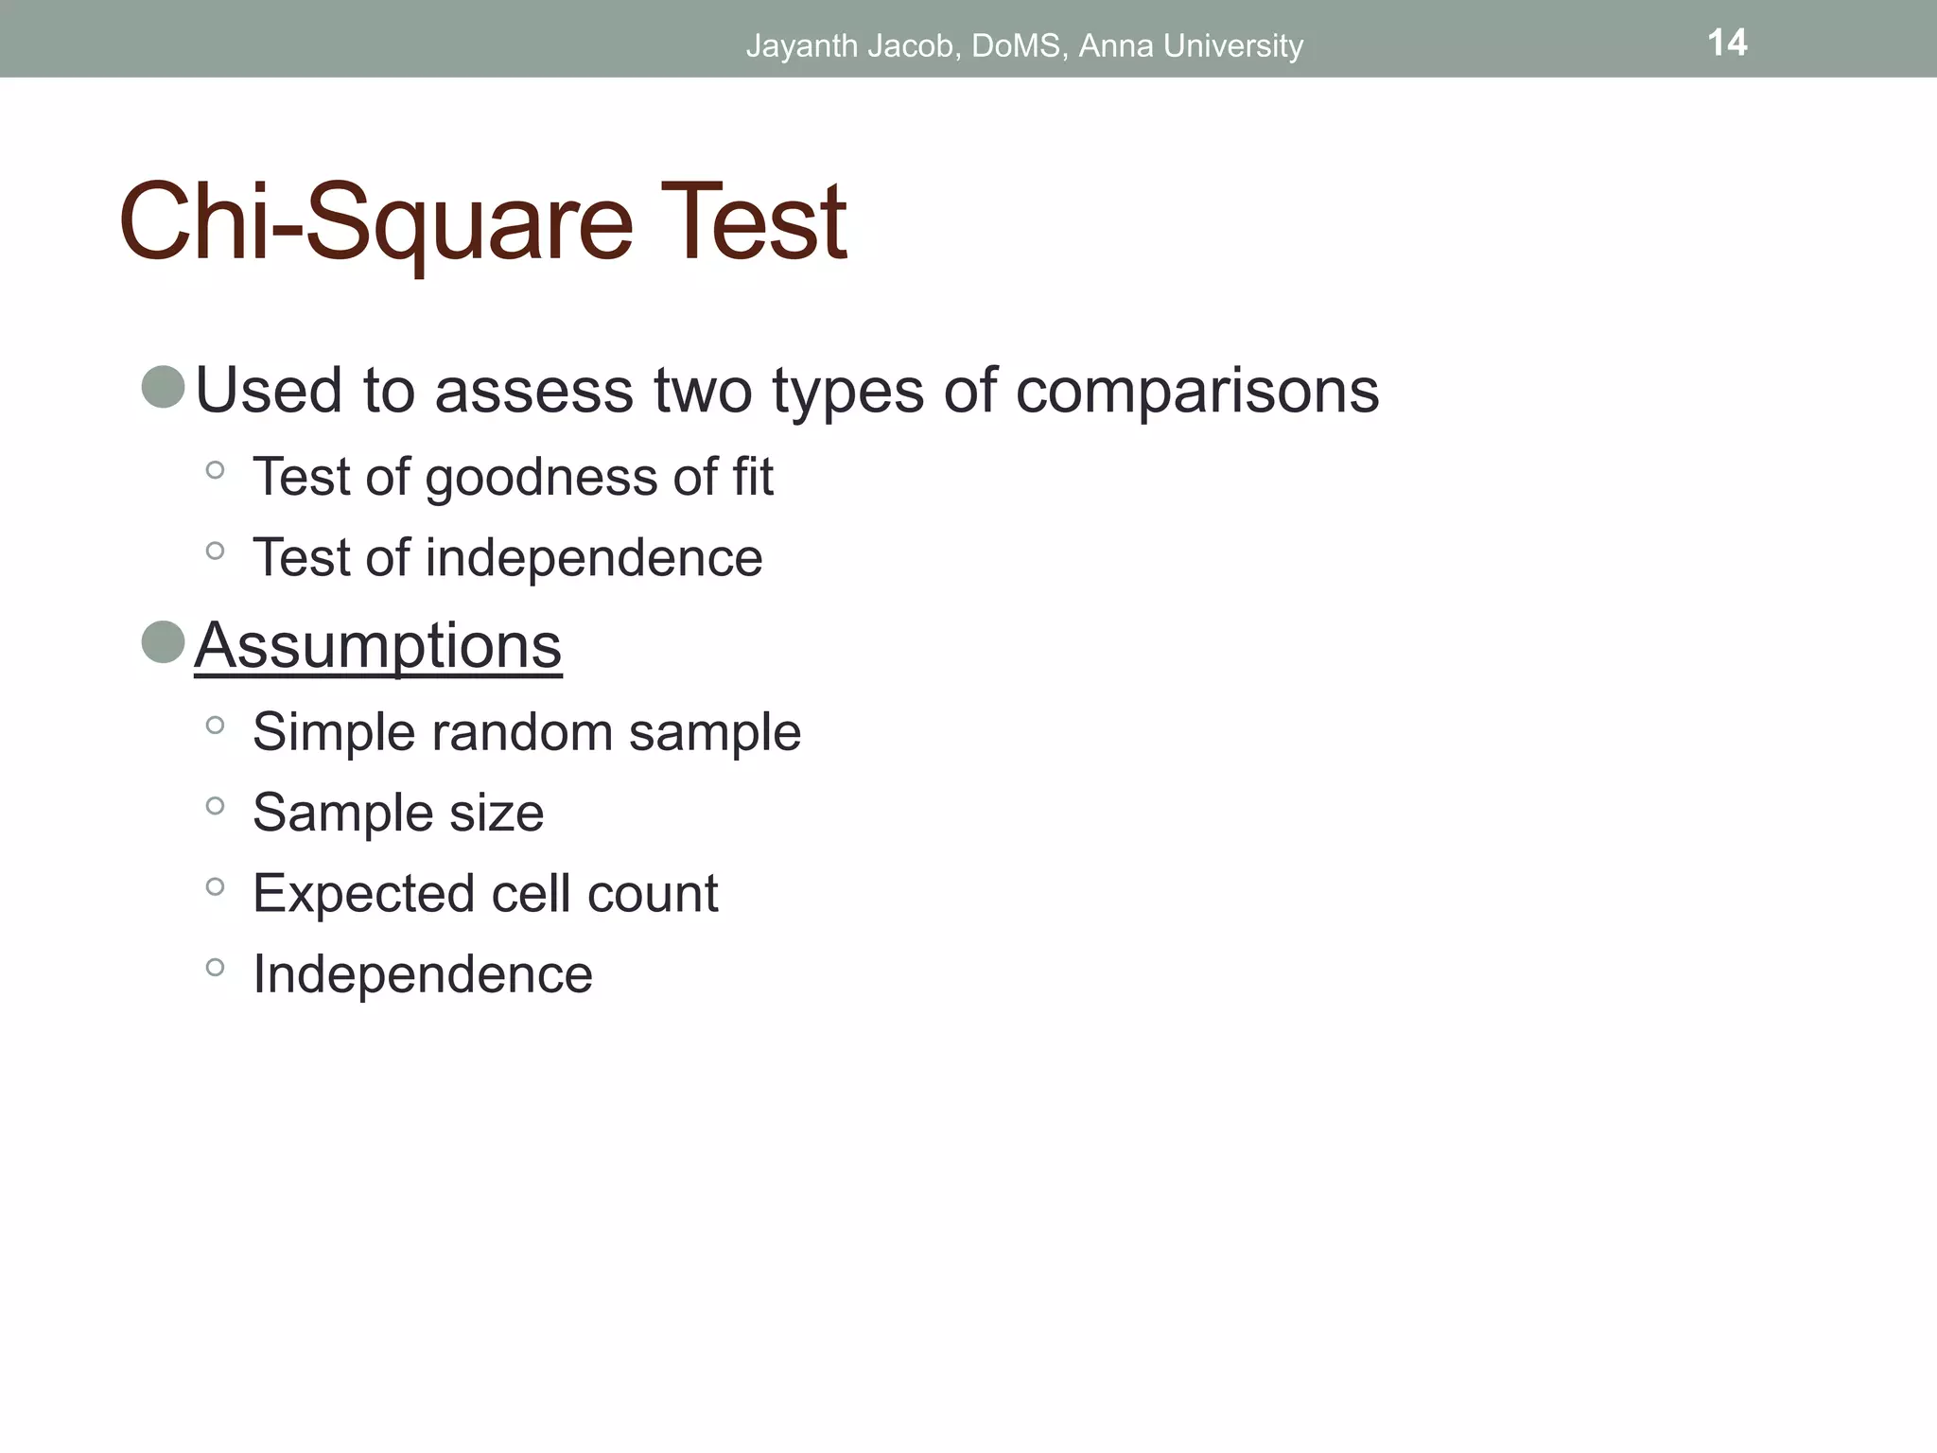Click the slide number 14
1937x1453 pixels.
[x=1727, y=43]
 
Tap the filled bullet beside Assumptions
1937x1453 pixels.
[x=163, y=642]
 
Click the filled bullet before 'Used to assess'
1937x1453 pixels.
[x=163, y=387]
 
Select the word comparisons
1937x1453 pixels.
[x=1196, y=390]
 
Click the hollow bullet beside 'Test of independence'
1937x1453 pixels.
[x=215, y=551]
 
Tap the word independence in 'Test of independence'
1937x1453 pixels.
[x=593, y=557]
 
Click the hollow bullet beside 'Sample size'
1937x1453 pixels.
[x=215, y=806]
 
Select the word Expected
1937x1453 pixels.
[x=364, y=894]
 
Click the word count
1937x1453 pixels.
[x=652, y=894]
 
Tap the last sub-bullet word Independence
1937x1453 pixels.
[x=423, y=974]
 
